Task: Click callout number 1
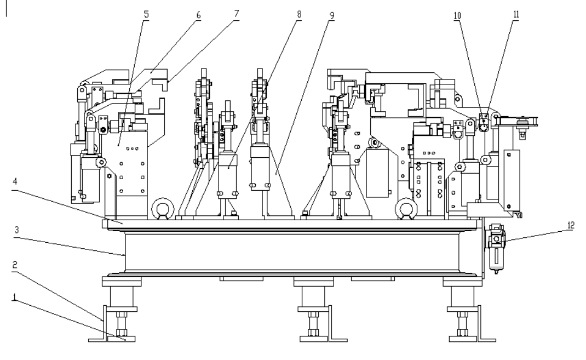pos(15,298)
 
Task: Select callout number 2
pos(15,265)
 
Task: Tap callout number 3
pos(16,230)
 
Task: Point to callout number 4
pos(15,181)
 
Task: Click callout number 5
pos(146,15)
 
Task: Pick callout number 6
pos(198,15)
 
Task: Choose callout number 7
pos(236,14)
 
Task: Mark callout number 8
pos(299,15)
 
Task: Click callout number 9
pos(332,16)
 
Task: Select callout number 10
pos(457,16)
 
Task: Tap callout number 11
pos(516,15)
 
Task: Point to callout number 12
pos(571,225)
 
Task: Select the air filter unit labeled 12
pos(496,248)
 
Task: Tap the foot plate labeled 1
pos(122,339)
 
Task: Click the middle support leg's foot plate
pos(313,339)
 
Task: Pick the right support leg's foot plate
pos(463,339)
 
